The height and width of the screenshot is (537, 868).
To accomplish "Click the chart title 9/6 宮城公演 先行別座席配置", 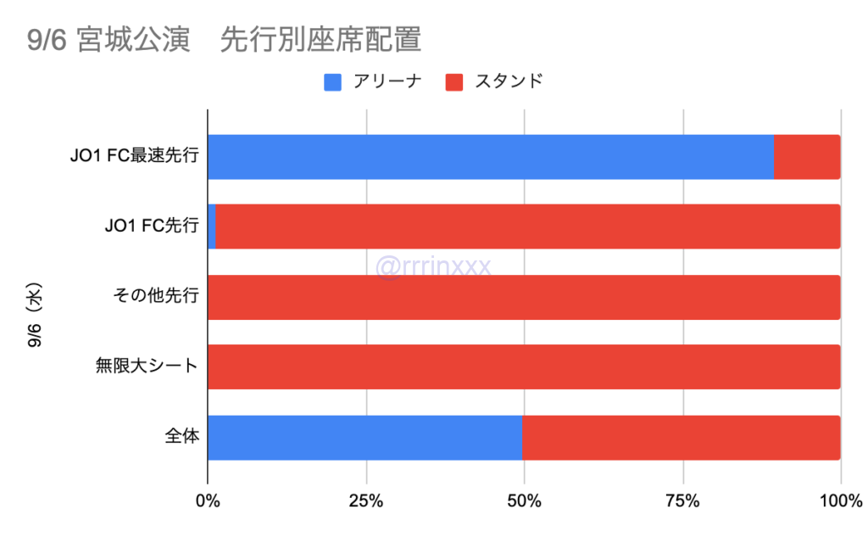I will pyautogui.click(x=225, y=40).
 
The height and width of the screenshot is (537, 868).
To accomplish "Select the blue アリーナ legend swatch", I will pyautogui.click(x=333, y=82).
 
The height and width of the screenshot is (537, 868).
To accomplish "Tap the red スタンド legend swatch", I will pyautogui.click(x=455, y=82).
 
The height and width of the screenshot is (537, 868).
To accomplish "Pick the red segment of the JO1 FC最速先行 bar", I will pyautogui.click(x=807, y=157).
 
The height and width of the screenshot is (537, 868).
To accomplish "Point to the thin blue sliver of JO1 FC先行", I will pyautogui.click(x=211, y=227).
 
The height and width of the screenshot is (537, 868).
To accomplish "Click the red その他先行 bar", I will pyautogui.click(x=524, y=297).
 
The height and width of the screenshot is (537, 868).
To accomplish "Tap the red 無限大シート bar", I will pyautogui.click(x=524, y=366).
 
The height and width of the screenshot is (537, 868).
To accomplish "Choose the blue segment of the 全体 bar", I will pyautogui.click(x=364, y=437).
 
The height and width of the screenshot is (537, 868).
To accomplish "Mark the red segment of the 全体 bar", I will pyautogui.click(x=681, y=437).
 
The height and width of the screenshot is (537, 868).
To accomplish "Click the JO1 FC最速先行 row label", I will pyautogui.click(x=135, y=157).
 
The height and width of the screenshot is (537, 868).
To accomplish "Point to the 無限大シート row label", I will pyautogui.click(x=147, y=366).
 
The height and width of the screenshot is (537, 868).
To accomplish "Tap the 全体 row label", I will pyautogui.click(x=181, y=437).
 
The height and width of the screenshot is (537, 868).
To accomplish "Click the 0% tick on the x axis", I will pyautogui.click(x=208, y=501).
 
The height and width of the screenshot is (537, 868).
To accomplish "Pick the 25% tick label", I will pyautogui.click(x=366, y=501).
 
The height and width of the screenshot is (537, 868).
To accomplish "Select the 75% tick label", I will pyautogui.click(x=682, y=501).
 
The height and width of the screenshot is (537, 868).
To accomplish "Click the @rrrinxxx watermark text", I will pyautogui.click(x=432, y=266).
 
